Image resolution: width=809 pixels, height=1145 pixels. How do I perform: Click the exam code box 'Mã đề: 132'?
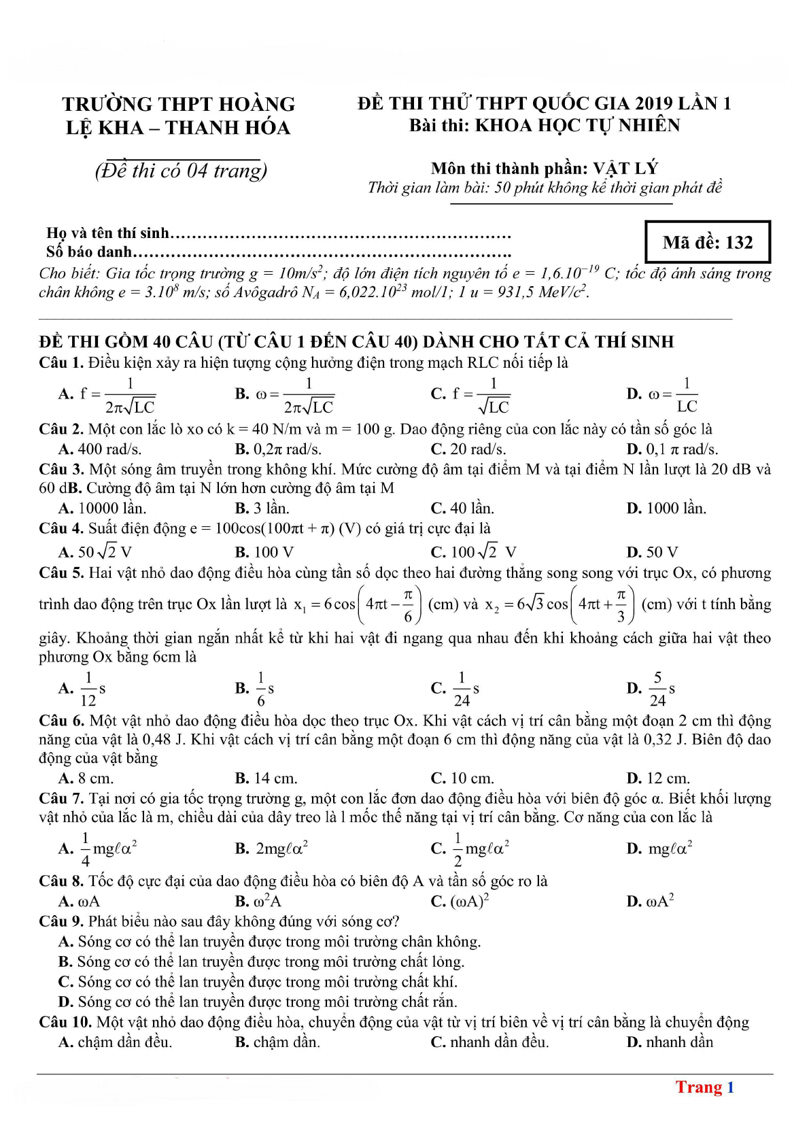coord(707,242)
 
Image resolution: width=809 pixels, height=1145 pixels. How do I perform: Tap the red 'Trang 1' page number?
coord(704,1087)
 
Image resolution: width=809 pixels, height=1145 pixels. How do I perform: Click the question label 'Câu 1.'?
coord(61,362)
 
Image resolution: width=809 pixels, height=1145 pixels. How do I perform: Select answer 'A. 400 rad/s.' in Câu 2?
coord(100,449)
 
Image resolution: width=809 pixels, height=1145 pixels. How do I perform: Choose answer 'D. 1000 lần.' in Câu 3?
coord(666,508)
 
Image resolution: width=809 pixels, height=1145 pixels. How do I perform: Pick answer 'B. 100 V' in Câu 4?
coord(264,551)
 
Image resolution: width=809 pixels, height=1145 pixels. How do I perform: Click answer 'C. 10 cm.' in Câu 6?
coord(462,778)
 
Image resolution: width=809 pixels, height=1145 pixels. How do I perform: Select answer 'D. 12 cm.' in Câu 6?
coord(657,778)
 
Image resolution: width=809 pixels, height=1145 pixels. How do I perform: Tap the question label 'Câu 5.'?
coord(61,572)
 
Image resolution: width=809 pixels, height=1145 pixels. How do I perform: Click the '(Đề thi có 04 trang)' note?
coord(181,170)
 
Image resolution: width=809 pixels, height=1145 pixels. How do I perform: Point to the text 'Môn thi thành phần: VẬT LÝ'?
coord(544,168)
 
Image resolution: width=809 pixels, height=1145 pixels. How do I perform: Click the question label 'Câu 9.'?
coord(61,921)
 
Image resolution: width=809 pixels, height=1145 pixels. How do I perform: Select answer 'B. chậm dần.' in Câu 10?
coord(277,1042)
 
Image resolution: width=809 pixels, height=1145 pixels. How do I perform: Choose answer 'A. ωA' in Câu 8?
coord(79,901)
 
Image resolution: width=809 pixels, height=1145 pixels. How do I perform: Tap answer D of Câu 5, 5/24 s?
coord(651,689)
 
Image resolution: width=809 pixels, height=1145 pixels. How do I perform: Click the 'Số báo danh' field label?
coord(89,252)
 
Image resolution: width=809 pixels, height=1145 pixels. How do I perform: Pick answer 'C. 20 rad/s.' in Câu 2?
coord(468,449)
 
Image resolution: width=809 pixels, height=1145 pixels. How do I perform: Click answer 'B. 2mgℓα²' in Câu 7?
coord(271,848)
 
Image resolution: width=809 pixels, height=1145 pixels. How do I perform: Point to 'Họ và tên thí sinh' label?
coord(107,233)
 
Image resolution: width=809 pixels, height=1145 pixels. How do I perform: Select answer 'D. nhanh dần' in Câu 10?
coord(670,1042)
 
